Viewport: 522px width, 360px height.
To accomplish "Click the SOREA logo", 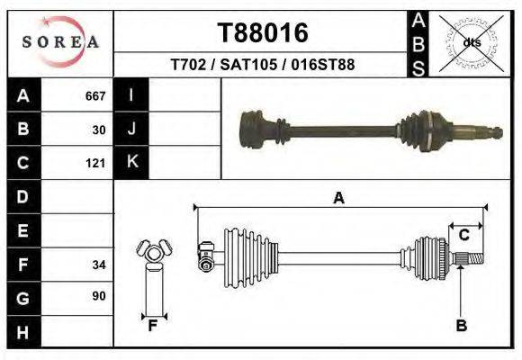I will [x=60, y=42].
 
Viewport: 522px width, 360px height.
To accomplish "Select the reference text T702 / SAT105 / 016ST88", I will [x=263, y=65].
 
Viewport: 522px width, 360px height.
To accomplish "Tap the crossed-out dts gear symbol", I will [x=471, y=42].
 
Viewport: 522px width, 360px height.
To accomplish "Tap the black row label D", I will [x=22, y=196].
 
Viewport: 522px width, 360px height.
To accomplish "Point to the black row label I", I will [x=131, y=95].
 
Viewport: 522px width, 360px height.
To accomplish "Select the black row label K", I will [x=131, y=162].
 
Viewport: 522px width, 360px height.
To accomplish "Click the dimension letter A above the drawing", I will [x=338, y=198].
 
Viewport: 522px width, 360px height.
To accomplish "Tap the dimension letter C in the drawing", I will [x=463, y=236].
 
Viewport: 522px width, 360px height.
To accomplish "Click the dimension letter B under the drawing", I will [x=461, y=326].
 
